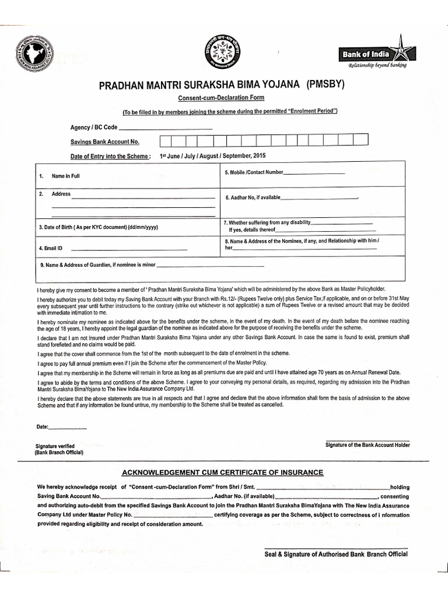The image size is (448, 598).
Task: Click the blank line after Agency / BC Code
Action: point(165,127)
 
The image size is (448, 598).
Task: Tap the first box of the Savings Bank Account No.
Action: point(166,140)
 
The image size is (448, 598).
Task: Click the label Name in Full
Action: point(65,176)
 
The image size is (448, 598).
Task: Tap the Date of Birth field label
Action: point(98,227)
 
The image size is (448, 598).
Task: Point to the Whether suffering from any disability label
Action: point(267,222)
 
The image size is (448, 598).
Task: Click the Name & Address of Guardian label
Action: point(98,265)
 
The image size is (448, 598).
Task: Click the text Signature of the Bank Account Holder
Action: point(367,445)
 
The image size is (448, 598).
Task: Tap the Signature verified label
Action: point(55,446)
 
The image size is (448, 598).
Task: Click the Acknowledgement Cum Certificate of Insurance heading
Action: point(222,472)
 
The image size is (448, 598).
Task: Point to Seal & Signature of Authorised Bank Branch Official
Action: point(336,554)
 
